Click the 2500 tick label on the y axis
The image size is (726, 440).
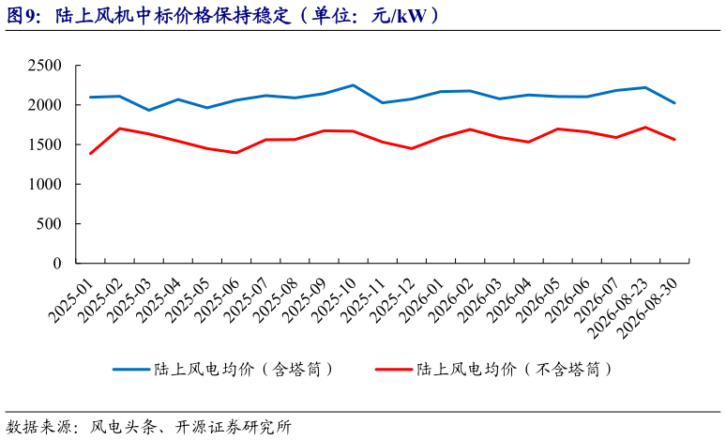pos(44,66)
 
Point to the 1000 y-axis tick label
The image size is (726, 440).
pos(44,184)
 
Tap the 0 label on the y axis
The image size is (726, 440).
pos(57,264)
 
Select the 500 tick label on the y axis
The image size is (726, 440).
pos(49,223)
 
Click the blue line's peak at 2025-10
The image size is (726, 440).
pos(354,85)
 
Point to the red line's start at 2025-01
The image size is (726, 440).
pos(90,153)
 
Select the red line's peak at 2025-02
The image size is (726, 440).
pos(119,129)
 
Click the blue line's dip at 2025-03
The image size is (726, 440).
pos(148,110)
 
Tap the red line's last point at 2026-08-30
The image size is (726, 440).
pos(674,140)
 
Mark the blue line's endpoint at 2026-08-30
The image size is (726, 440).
pos(674,103)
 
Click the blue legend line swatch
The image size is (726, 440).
pos(131,370)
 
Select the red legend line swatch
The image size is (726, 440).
pos(394,370)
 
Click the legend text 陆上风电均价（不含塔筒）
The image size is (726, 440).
pos(514,370)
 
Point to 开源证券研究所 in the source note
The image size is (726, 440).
pos(234,427)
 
